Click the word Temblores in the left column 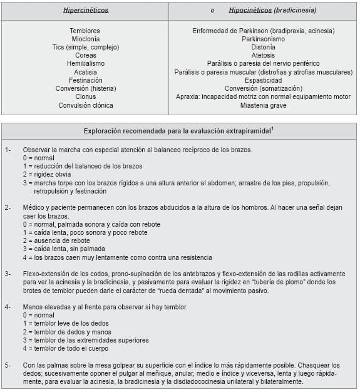point(85,31)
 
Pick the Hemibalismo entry point(85,64)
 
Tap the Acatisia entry point(85,72)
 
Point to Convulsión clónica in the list point(85,105)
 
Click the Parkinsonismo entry point(263,39)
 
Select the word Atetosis point(263,55)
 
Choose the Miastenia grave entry point(263,105)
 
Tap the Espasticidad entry point(263,80)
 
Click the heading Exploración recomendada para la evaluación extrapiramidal point(179,131)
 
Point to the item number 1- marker point(8,150)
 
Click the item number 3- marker point(8,274)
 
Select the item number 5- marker point(8,365)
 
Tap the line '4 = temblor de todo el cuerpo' point(66,348)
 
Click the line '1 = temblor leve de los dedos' point(65,324)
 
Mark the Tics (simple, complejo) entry point(85,47)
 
